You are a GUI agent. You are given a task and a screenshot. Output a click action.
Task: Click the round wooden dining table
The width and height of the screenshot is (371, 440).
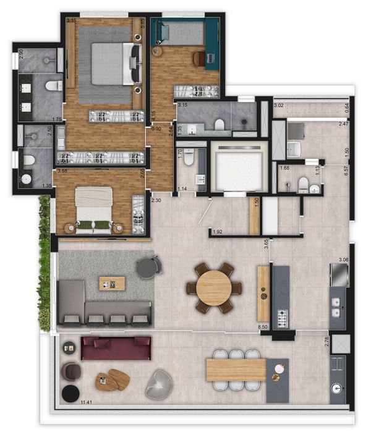pos(214,287)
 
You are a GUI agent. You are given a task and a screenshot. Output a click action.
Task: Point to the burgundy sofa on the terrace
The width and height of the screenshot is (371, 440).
pos(116,348)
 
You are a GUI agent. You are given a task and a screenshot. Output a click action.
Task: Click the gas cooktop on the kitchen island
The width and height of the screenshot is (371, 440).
pos(282,318)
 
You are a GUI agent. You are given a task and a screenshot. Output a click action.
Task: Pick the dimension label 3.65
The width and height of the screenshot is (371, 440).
pos(265,243)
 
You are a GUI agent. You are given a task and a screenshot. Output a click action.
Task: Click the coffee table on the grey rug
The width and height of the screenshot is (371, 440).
pos(112,284)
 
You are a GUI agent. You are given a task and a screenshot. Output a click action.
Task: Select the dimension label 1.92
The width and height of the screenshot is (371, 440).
pos(217,232)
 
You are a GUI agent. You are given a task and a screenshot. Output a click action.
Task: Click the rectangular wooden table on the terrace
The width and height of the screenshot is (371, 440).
pos(236,370)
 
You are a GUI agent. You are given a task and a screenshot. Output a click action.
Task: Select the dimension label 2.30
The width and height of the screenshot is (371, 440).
pos(156,200)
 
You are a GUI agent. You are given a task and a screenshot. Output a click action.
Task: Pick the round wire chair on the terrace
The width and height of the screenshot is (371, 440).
pos(159,386)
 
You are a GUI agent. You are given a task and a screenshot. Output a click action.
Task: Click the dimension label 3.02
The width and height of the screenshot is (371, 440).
pos(279,106)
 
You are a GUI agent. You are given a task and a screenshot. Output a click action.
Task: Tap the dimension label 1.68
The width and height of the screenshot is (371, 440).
pos(285,167)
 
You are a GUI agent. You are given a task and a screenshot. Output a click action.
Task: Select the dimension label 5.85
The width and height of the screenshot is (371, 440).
pos(142,24)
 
